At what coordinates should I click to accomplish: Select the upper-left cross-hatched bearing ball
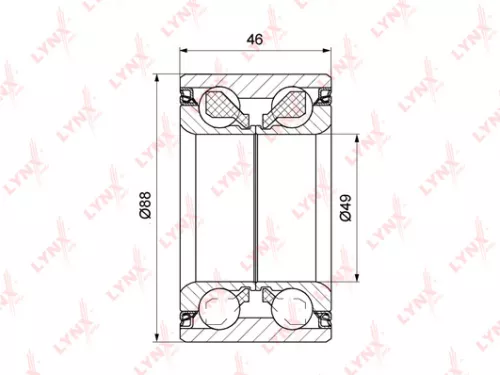[x=221, y=105]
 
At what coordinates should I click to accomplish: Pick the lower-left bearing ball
[x=221, y=307]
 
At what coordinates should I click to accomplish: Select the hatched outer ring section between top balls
[x=256, y=90]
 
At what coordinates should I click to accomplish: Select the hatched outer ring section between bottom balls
[x=256, y=323]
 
